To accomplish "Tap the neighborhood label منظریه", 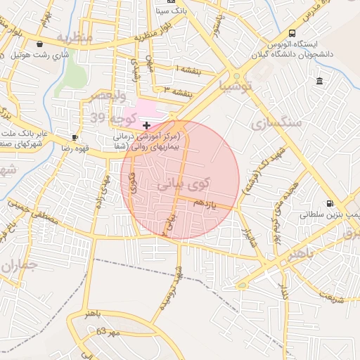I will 75,37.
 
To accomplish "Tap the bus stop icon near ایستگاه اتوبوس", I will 292,34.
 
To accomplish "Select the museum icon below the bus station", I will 320,81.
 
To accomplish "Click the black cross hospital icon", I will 146,124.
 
